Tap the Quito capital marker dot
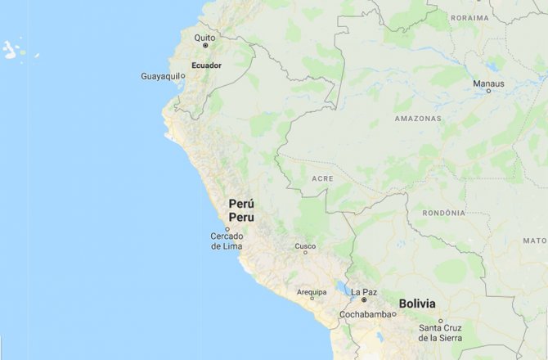coord(205,46)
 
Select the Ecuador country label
coord(206,64)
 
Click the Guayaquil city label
coord(160,76)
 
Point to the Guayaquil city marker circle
coord(182,76)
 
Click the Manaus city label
coord(489,83)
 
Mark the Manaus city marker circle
coord(489,91)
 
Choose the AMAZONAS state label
coord(417,119)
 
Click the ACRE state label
coord(323,178)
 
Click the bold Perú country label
coord(240,204)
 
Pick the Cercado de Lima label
coord(227,241)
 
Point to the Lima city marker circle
coord(227,229)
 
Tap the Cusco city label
coord(305,245)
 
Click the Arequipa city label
coord(312,292)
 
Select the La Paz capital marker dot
coord(364,300)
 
